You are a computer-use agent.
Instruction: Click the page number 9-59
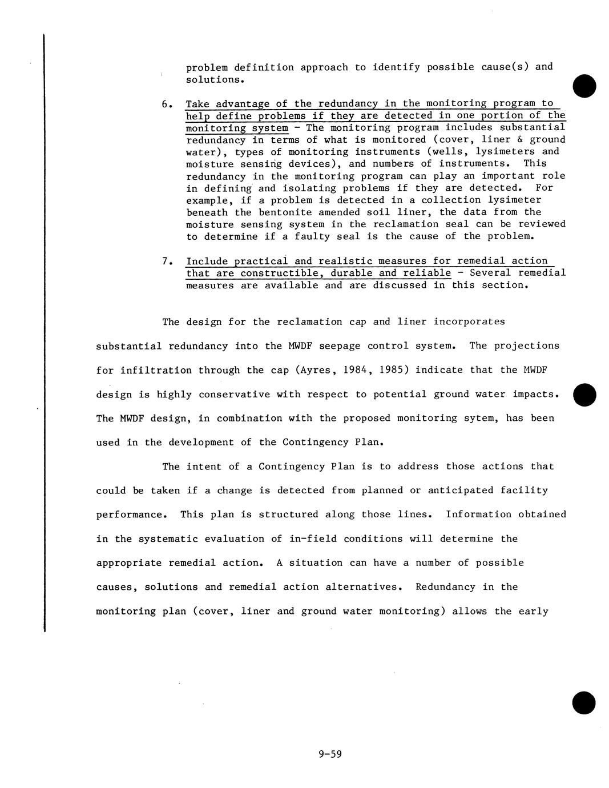click(x=330, y=754)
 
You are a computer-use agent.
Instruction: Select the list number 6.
click(x=166, y=104)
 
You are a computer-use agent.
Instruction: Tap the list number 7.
click(x=166, y=262)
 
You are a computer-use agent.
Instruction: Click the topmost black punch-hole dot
click(x=583, y=86)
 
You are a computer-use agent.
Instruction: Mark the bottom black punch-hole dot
click(x=583, y=702)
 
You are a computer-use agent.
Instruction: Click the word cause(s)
click(x=505, y=67)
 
